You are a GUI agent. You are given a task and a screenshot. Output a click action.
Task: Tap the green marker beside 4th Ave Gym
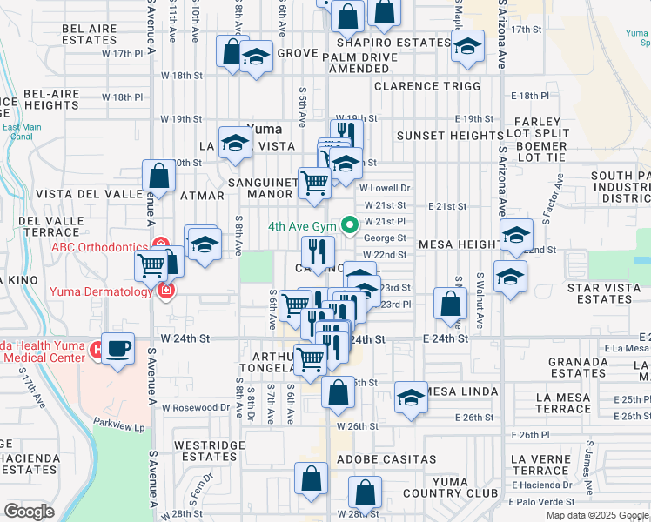coord(351,226)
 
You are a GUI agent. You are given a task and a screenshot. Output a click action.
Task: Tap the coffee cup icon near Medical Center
coord(118,348)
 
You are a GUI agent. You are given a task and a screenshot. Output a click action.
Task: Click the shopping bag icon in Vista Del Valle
coord(160,176)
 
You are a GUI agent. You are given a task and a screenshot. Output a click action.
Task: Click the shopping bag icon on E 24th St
coord(451,304)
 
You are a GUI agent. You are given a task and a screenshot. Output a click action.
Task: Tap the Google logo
coord(29,511)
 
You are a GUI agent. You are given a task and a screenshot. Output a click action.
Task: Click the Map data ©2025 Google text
coord(597,515)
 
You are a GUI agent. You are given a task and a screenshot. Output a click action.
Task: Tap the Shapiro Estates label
coord(389,42)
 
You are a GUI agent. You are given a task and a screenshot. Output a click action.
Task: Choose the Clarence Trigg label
coord(427,86)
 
